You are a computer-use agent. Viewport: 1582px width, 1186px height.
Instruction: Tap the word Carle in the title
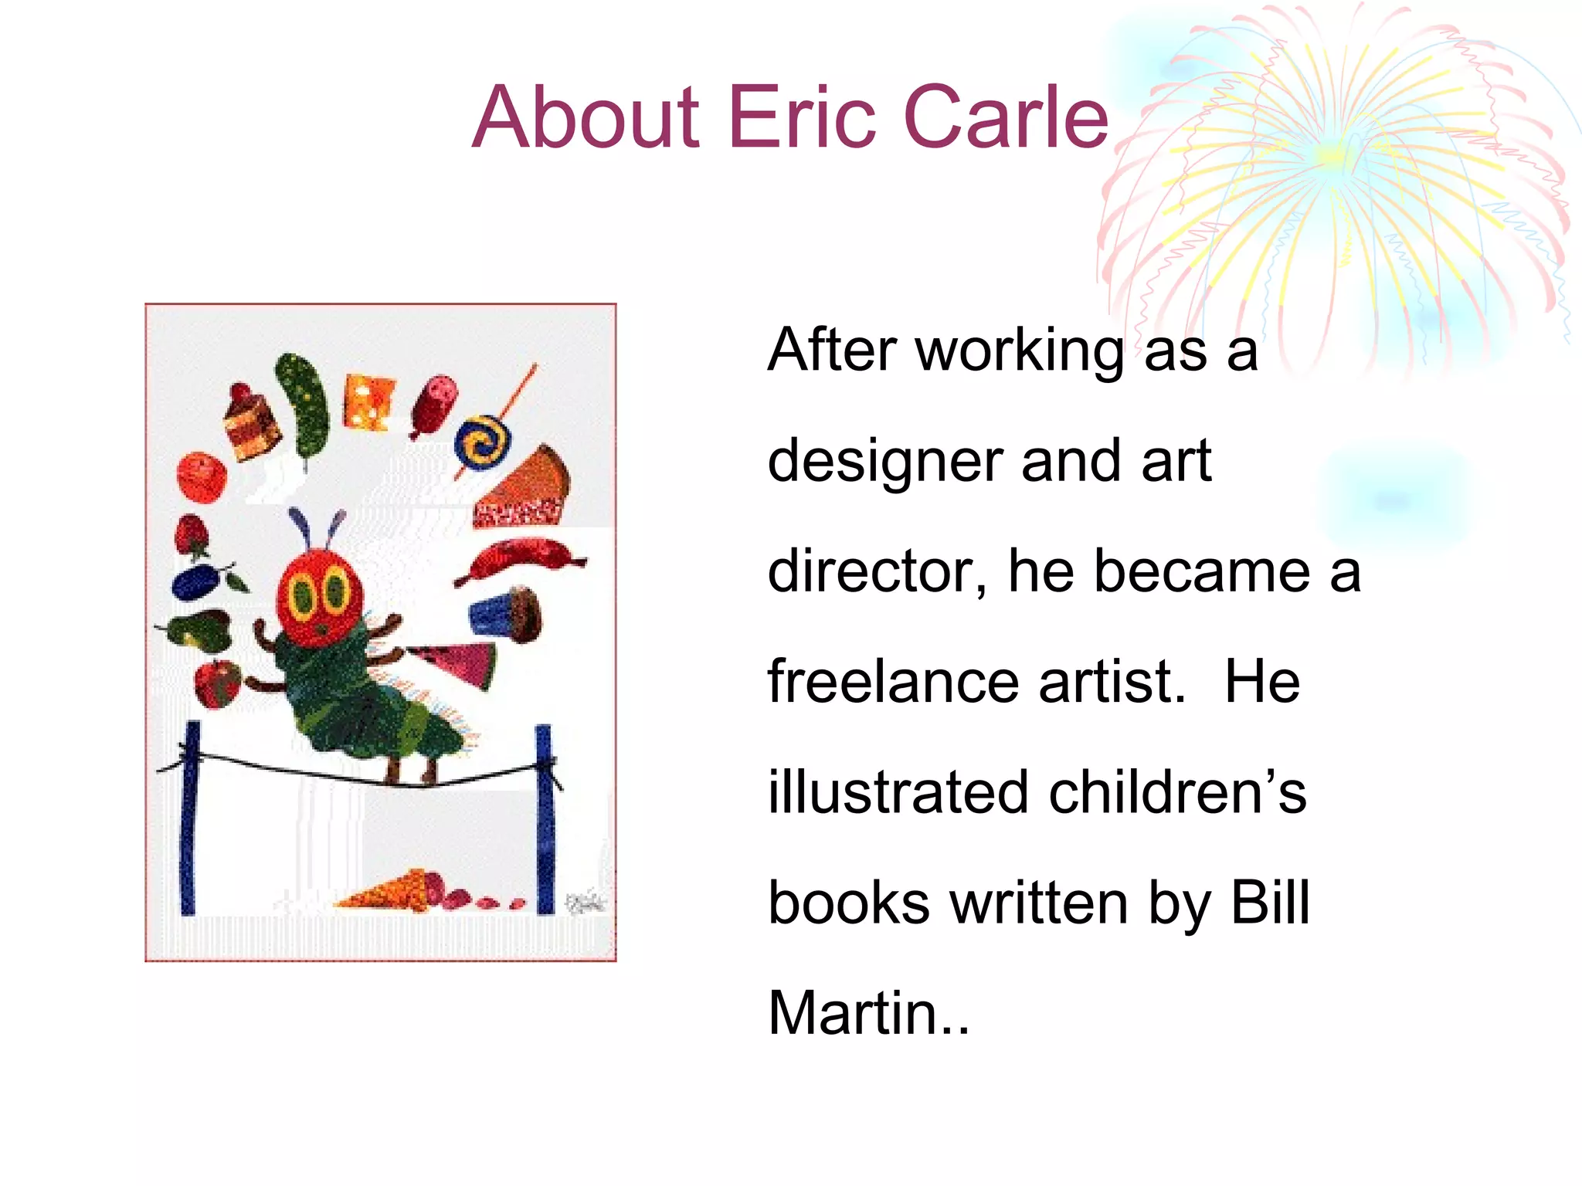pos(1006,117)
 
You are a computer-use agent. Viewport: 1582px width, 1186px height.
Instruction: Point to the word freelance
pos(893,682)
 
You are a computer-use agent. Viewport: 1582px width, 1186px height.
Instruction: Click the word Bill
pos(1270,903)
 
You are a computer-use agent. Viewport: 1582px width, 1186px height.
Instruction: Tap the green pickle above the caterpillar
pos(304,405)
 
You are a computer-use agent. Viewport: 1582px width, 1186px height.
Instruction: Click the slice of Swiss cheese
pos(368,401)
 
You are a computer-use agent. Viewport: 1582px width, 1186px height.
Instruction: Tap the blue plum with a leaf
pos(199,581)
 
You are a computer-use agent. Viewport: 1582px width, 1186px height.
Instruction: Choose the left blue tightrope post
pos(189,818)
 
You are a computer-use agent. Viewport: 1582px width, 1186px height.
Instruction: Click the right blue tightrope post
pos(545,818)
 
